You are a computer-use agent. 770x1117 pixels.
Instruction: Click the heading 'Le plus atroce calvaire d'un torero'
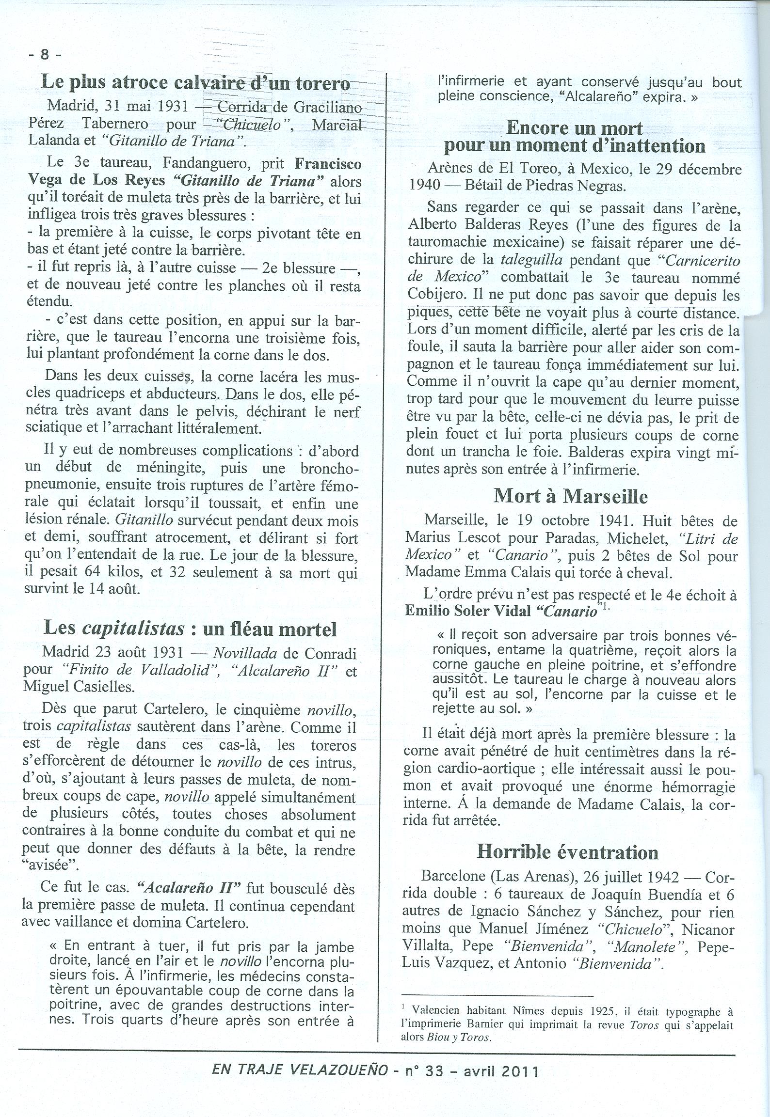point(195,82)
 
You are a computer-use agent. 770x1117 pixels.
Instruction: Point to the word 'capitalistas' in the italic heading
point(134,629)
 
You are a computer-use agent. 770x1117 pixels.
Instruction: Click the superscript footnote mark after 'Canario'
point(604,607)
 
